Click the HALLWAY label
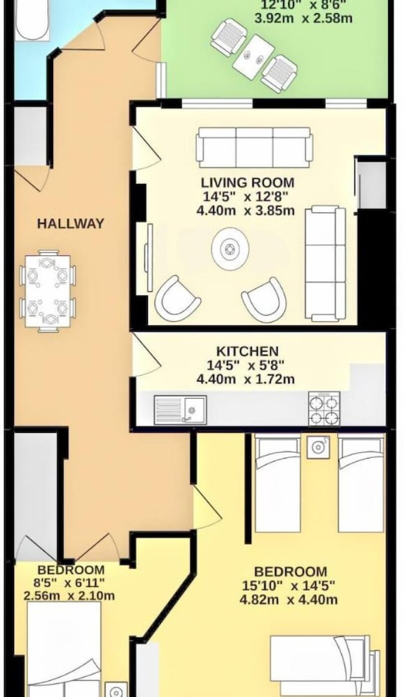[70, 223]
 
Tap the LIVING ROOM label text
[248, 183]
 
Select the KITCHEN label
[248, 351]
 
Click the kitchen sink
[180, 409]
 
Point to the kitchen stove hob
[324, 408]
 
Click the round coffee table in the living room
[229, 249]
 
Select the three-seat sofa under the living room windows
[254, 148]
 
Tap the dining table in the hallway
[47, 291]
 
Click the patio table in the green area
[253, 56]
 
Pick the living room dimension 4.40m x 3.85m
[246, 210]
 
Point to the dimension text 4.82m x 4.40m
[289, 599]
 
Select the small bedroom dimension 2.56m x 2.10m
[69, 596]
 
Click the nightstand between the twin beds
[318, 447]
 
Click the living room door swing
[147, 148]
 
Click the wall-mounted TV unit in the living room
[149, 252]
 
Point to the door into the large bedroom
[207, 507]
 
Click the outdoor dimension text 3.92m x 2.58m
[304, 19]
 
